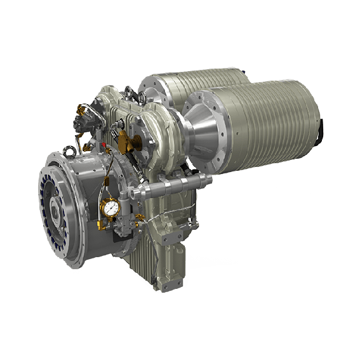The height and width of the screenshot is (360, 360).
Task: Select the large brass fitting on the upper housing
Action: tap(136, 140)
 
